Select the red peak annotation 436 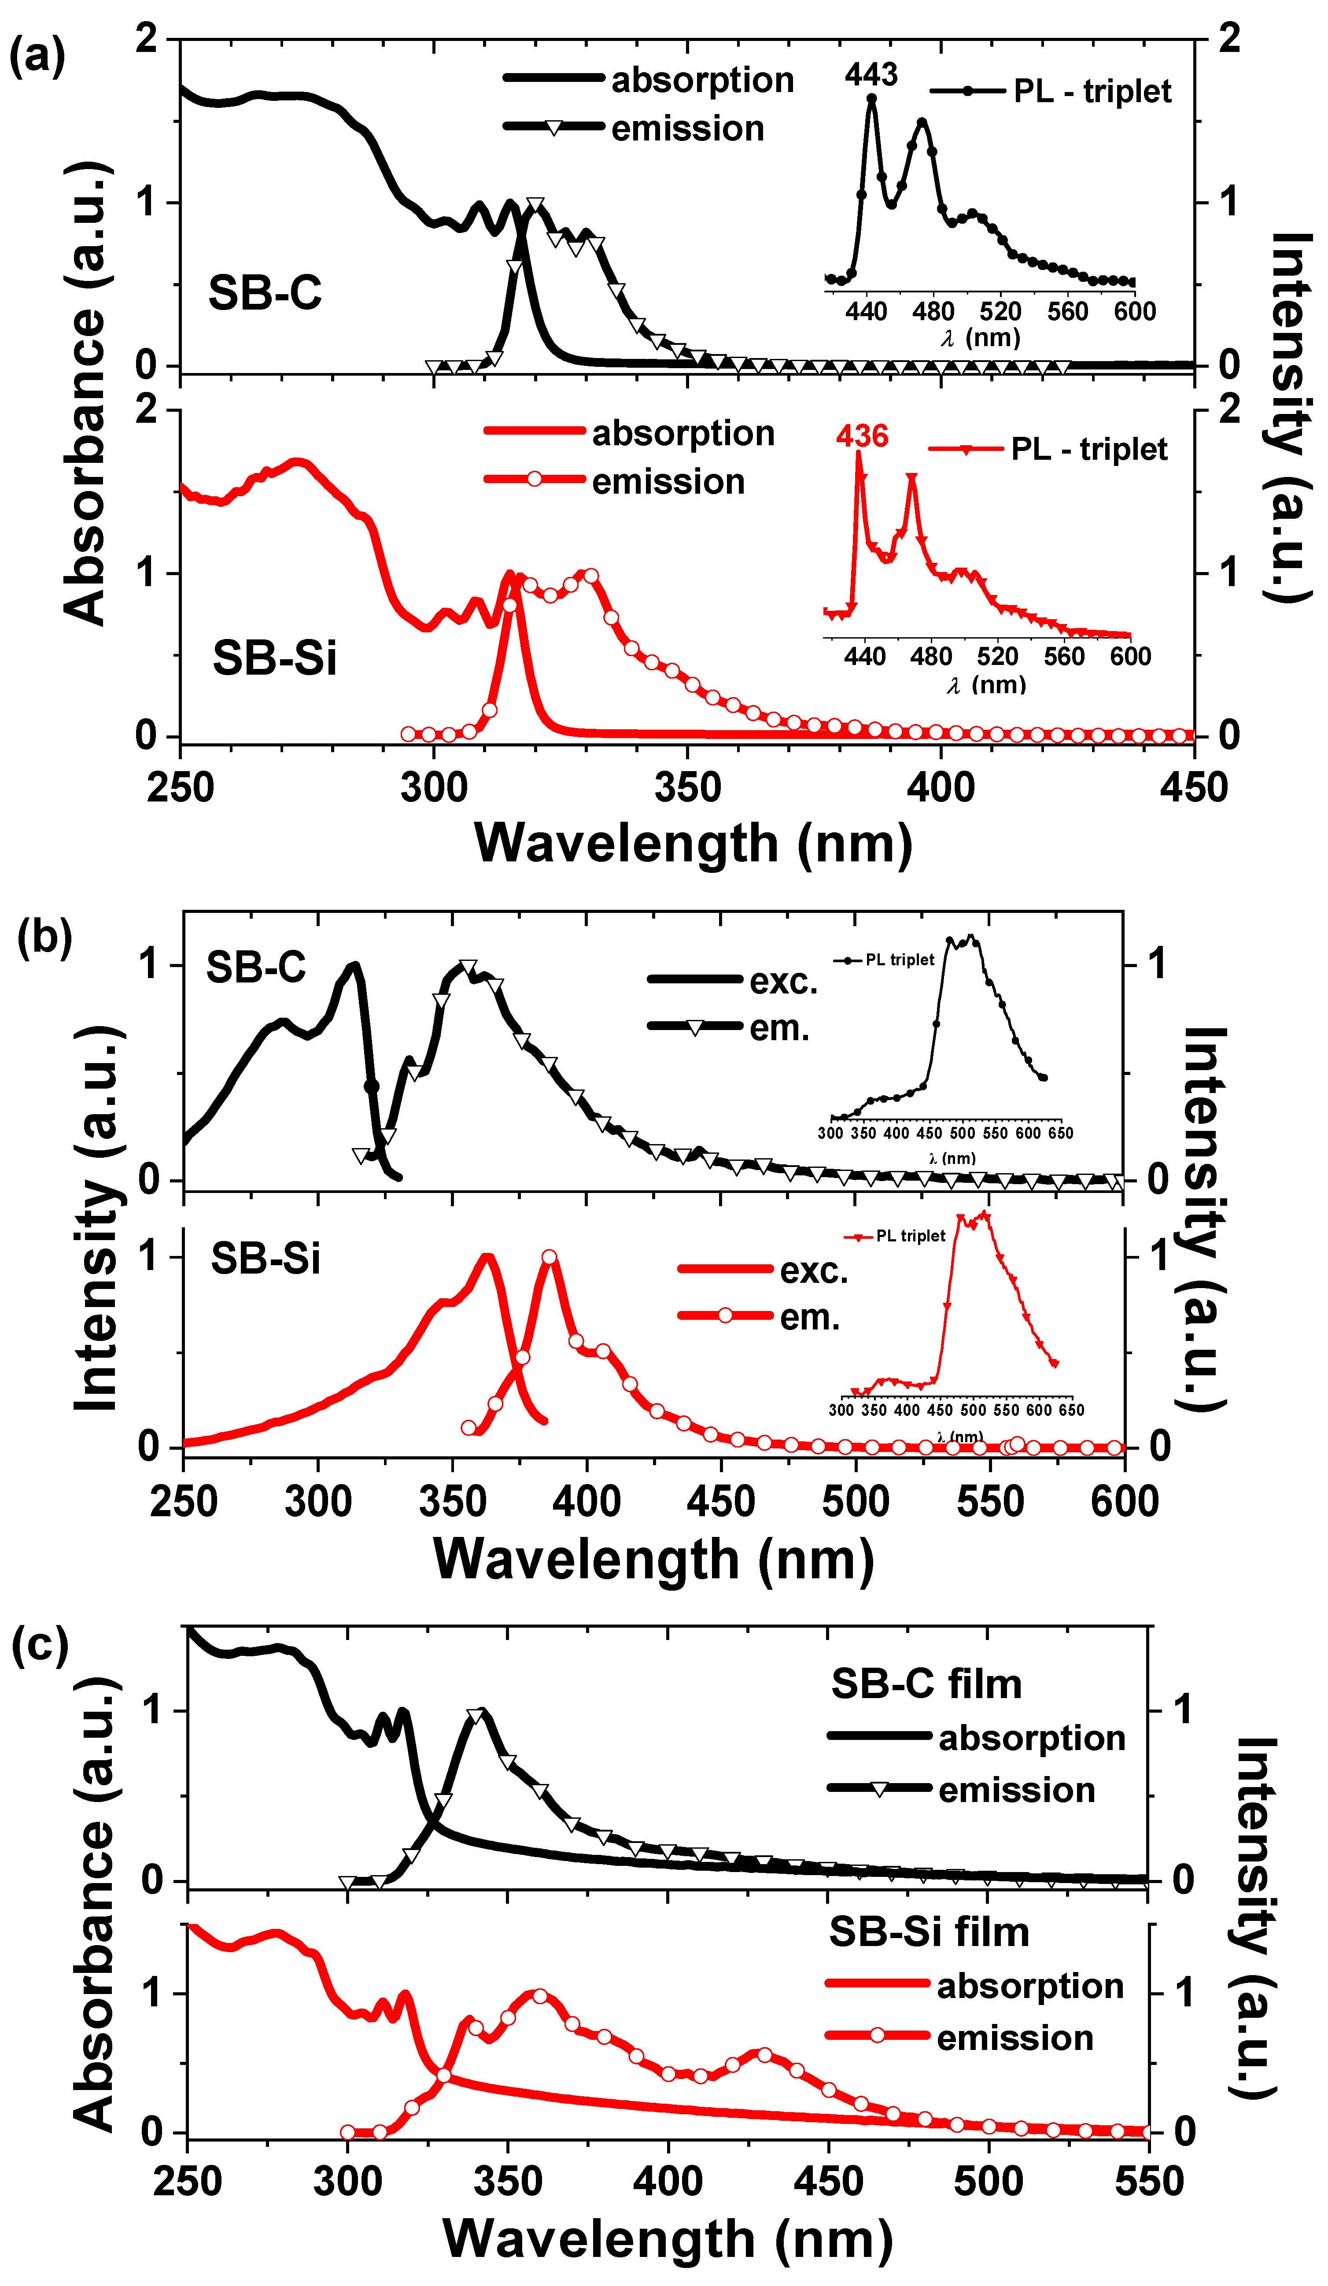coord(862,436)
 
